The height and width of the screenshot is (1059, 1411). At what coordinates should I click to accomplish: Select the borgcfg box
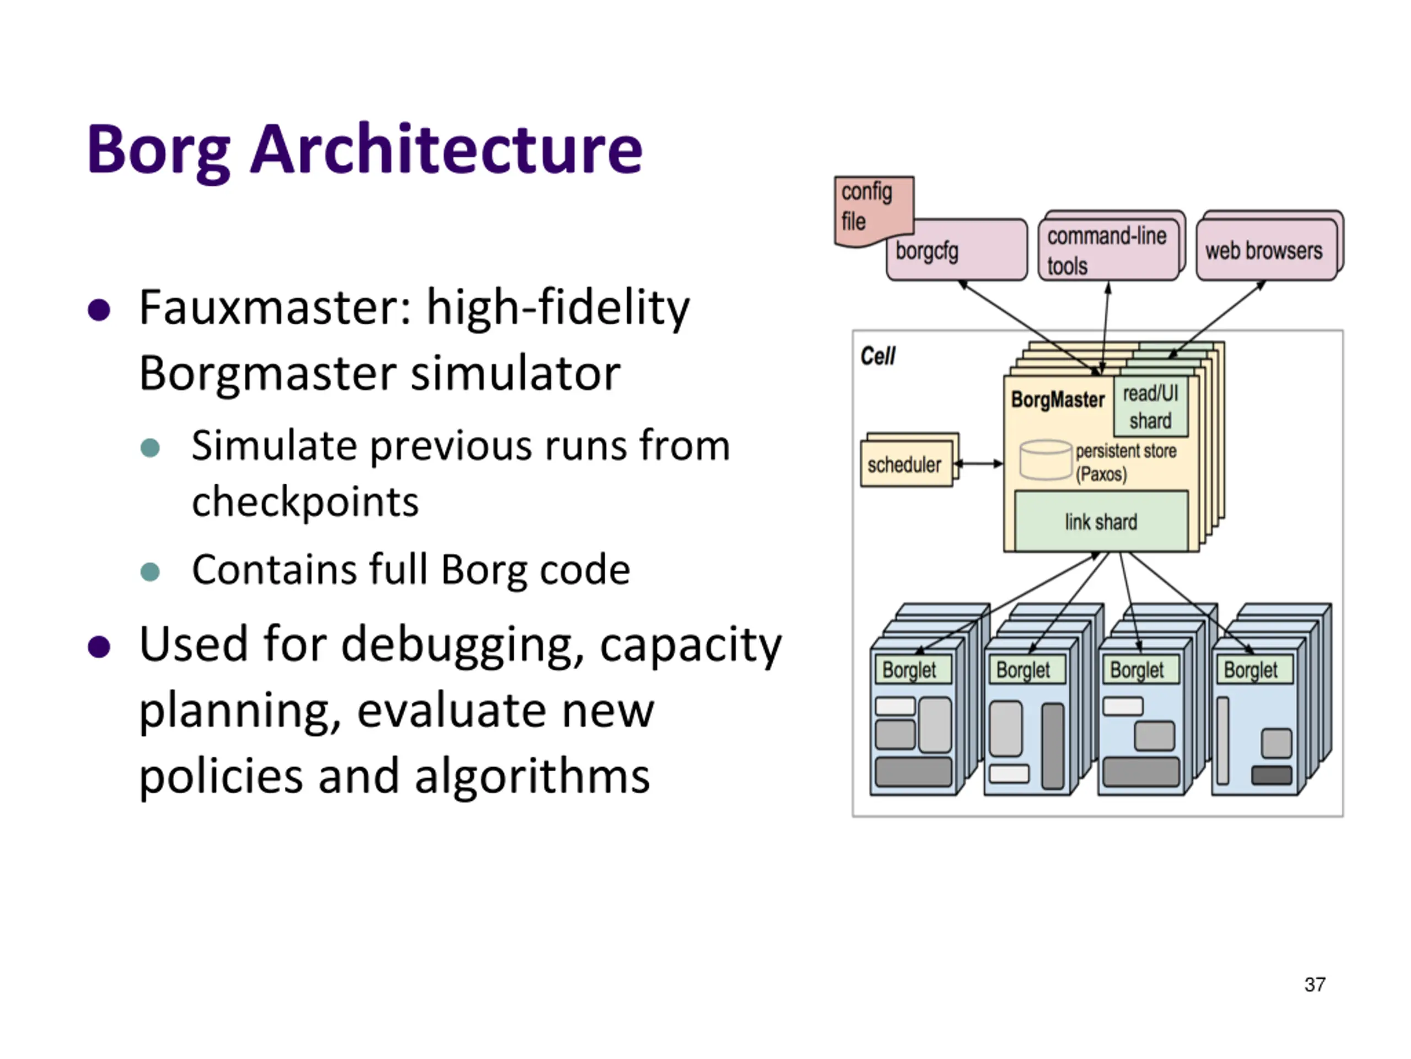pos(957,251)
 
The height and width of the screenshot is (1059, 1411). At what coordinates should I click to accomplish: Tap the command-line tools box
pos(1108,250)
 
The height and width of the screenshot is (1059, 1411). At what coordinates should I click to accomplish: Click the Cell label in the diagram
pos(877,356)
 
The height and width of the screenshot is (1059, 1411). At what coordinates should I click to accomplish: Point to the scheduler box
pos(905,465)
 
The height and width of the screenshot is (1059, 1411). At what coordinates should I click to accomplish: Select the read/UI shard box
pos(1151,407)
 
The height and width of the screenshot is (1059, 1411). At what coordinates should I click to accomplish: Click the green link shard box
pos(1101,522)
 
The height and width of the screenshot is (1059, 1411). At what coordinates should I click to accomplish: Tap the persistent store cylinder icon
pos(1045,460)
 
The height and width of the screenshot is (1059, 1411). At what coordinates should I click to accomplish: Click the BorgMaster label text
pos(1058,399)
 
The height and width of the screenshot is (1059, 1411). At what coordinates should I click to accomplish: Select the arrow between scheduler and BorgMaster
pos(978,464)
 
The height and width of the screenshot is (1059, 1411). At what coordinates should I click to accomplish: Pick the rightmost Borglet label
pos(1252,670)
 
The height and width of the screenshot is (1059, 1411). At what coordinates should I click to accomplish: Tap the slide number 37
pos(1315,985)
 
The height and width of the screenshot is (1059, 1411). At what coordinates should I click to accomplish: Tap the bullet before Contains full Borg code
pos(150,571)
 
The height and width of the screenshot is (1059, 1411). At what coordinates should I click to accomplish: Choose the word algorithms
pos(532,776)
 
